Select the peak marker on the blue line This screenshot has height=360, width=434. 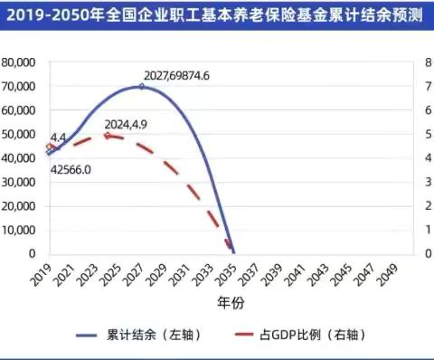(x=141, y=87)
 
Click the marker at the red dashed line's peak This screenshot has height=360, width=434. (x=107, y=136)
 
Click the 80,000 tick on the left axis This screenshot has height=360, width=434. (x=19, y=62)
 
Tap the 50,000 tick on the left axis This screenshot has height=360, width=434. (x=19, y=134)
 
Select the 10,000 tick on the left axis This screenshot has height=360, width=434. (x=19, y=229)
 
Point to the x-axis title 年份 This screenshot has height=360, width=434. (x=229, y=301)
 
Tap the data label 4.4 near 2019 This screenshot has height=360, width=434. (x=59, y=137)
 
